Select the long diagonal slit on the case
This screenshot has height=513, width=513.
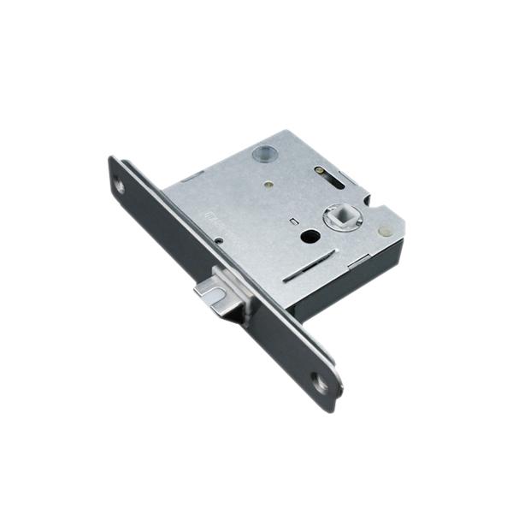click(x=306, y=272)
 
